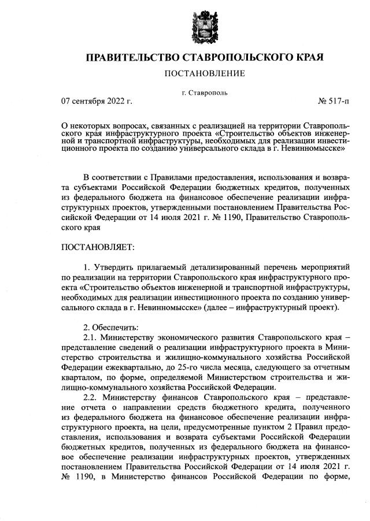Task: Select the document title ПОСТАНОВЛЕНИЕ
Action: click(x=205, y=73)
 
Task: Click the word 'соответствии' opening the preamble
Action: click(x=119, y=176)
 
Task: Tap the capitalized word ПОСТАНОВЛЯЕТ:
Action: click(x=98, y=248)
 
